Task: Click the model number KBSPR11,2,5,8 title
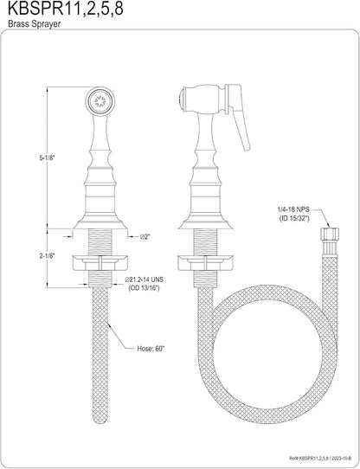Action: tap(65, 10)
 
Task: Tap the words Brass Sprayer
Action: tap(34, 24)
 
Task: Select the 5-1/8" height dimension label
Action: tap(48, 158)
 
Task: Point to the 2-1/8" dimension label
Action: tap(48, 256)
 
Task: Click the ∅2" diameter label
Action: tap(145, 236)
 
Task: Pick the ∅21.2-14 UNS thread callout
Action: tap(145, 280)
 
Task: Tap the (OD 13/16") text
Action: tap(144, 288)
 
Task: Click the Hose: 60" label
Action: tap(151, 349)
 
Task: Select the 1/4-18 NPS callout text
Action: tap(292, 211)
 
